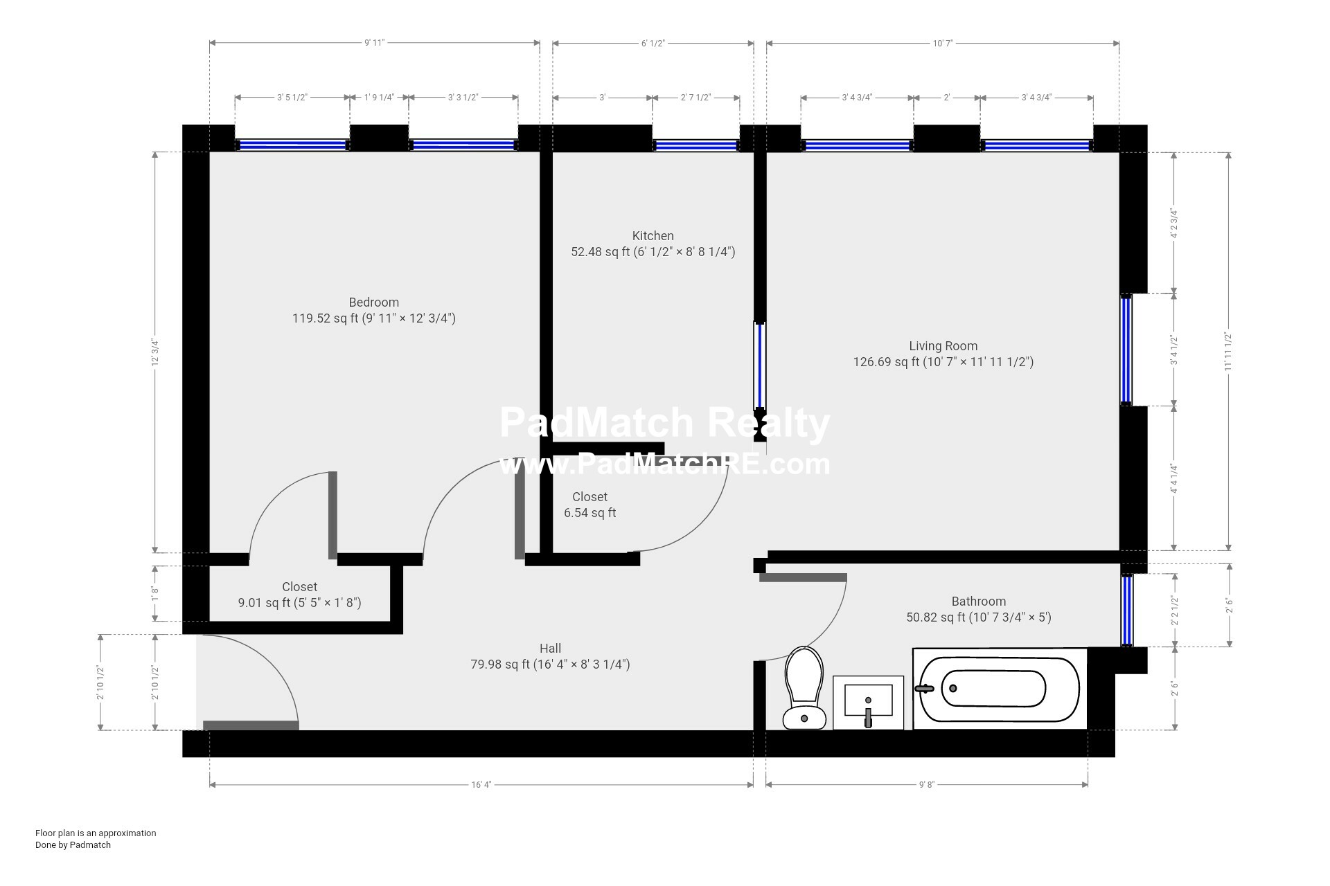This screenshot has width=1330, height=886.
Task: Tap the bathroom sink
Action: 868,702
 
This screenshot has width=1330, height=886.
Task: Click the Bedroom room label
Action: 374,302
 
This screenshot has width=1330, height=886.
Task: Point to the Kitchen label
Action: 653,236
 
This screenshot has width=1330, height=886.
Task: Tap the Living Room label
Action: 943,346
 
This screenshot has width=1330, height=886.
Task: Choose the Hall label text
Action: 551,649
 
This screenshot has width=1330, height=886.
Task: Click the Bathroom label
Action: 979,602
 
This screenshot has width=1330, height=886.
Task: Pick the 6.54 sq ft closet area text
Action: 590,513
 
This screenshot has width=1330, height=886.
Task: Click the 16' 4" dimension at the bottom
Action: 481,785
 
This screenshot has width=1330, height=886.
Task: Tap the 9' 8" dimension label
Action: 927,785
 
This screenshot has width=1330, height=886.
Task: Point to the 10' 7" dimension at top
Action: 943,43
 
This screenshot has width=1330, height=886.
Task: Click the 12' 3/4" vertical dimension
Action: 155,352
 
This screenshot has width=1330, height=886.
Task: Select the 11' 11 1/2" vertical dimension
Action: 1228,352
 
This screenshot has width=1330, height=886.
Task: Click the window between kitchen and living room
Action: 760,366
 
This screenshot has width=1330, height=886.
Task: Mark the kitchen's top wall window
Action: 696,145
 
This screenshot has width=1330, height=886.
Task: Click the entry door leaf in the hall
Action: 251,725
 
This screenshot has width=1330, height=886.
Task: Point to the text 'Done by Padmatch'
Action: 73,845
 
